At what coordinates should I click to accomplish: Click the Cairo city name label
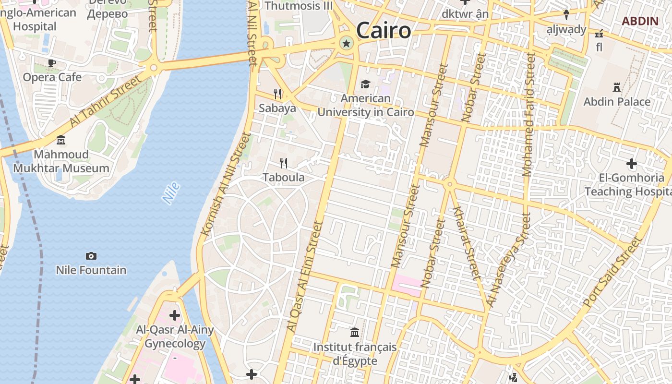pyautogui.click(x=384, y=31)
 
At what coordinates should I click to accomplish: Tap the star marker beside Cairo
pyautogui.click(x=346, y=44)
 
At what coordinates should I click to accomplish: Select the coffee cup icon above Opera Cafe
pyautogui.click(x=52, y=63)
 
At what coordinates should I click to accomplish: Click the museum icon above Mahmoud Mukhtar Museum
pyautogui.click(x=61, y=140)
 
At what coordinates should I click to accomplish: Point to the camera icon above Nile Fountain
pyautogui.click(x=91, y=256)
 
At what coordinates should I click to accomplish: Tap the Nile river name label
pyautogui.click(x=171, y=193)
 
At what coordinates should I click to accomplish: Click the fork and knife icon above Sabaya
pyautogui.click(x=277, y=94)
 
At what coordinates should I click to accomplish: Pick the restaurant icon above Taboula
pyautogui.click(x=284, y=163)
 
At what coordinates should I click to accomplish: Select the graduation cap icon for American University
pyautogui.click(x=365, y=84)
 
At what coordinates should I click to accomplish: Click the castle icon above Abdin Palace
pyautogui.click(x=617, y=87)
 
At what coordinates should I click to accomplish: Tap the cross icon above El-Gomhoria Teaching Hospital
pyautogui.click(x=631, y=164)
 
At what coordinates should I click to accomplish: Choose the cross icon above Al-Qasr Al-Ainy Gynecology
pyautogui.click(x=175, y=315)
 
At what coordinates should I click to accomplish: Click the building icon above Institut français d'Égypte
pyautogui.click(x=355, y=332)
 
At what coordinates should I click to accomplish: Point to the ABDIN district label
pyautogui.click(x=640, y=21)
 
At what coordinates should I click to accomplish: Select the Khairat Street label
pyautogui.click(x=466, y=243)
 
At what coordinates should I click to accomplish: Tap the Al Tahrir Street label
pyautogui.click(x=106, y=101)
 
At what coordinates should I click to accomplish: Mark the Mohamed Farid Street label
pyautogui.click(x=528, y=115)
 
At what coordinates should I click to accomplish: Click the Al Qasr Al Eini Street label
pyautogui.click(x=303, y=276)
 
